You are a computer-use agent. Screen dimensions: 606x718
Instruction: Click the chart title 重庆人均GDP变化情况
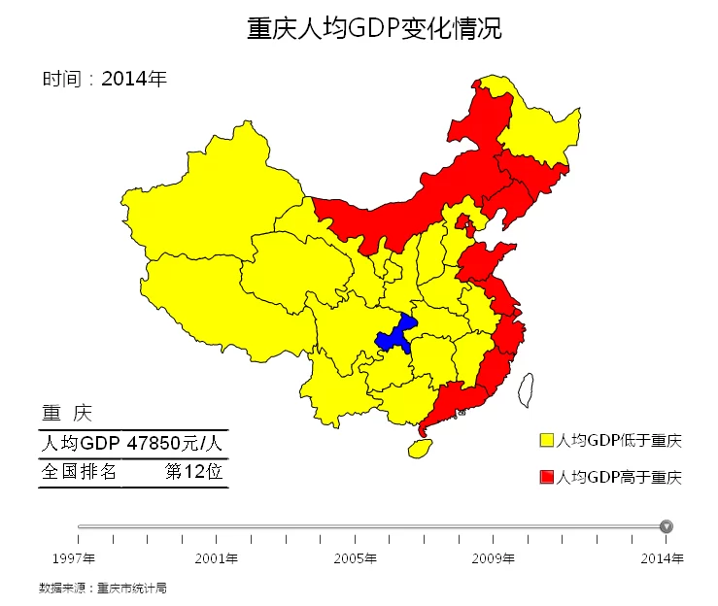point(374,28)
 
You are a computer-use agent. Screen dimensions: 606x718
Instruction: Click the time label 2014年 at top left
point(134,79)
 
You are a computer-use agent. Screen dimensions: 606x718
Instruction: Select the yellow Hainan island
point(420,448)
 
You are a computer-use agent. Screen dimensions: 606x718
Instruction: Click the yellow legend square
point(546,441)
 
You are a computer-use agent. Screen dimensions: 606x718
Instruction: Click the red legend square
point(546,477)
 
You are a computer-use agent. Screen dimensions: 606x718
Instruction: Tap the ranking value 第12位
point(193,472)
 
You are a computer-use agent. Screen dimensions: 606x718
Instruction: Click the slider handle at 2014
point(666,526)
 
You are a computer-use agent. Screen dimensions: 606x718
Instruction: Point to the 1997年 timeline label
point(74,558)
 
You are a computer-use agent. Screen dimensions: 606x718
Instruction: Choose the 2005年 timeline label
point(355,558)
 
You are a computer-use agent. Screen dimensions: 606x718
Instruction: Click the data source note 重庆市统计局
point(132,588)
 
